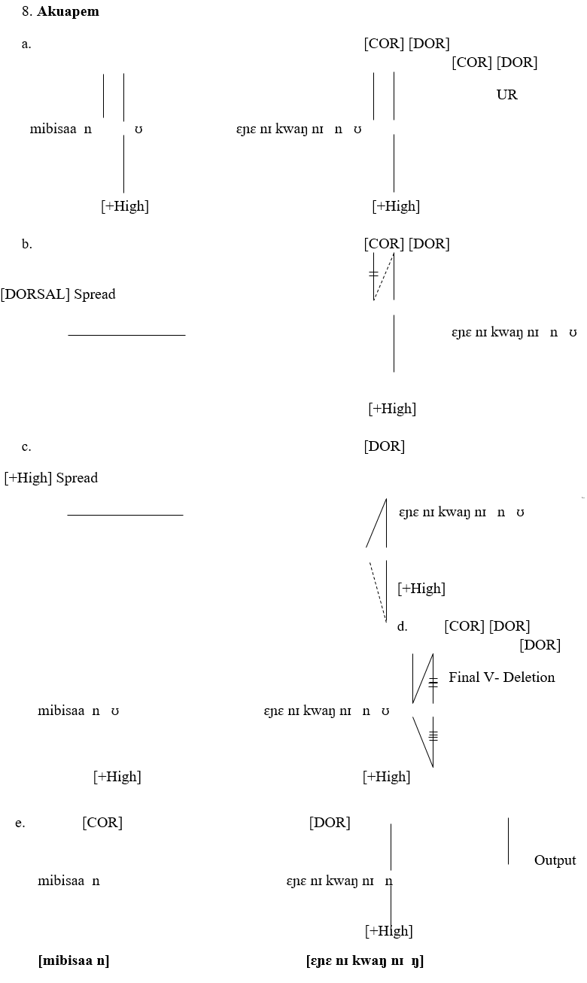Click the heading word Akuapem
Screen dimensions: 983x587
(68, 12)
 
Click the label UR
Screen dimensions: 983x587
(506, 95)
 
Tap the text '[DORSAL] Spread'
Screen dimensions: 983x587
(58, 294)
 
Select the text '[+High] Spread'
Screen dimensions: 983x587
(51, 478)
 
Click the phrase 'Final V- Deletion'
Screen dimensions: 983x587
(501, 677)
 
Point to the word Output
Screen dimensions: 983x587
(555, 860)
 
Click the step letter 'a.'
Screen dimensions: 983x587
(26, 44)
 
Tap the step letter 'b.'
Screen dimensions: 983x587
(26, 244)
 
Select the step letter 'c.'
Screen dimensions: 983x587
(26, 446)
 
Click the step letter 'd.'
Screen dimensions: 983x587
(402, 626)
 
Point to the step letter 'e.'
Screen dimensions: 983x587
(20, 823)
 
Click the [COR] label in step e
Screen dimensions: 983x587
(102, 823)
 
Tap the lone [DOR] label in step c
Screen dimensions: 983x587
(384, 446)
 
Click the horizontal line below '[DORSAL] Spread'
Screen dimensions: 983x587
(126, 335)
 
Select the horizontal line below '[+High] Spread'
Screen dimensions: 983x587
(125, 516)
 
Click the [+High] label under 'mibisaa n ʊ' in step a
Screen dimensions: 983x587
(125, 206)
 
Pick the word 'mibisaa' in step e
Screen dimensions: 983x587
(61, 881)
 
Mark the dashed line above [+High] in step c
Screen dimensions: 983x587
(377, 591)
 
